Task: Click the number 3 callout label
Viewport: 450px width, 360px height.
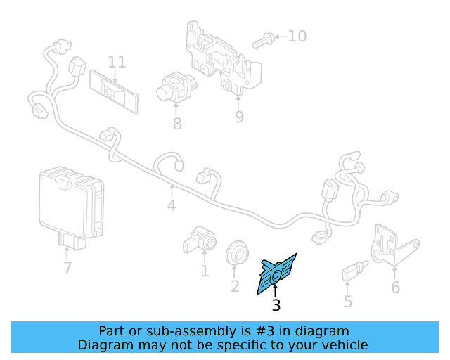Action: [x=276, y=305]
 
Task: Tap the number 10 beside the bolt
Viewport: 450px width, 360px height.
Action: [x=297, y=36]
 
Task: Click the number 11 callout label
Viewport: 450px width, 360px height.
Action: [x=117, y=62]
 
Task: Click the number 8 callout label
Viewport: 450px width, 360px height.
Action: [x=176, y=124]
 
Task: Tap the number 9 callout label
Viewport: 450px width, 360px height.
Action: [x=239, y=117]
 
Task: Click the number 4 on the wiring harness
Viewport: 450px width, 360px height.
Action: [x=172, y=206]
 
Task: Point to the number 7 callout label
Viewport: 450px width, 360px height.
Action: [x=67, y=268]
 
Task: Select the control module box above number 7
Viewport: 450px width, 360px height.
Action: [x=70, y=202]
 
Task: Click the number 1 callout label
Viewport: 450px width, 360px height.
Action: [x=205, y=271]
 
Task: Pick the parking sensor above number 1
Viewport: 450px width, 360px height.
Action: [x=200, y=239]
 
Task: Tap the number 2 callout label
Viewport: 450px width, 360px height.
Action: [x=235, y=285]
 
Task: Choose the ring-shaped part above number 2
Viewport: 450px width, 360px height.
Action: [x=237, y=253]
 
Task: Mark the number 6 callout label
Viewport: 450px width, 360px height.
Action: [x=395, y=287]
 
